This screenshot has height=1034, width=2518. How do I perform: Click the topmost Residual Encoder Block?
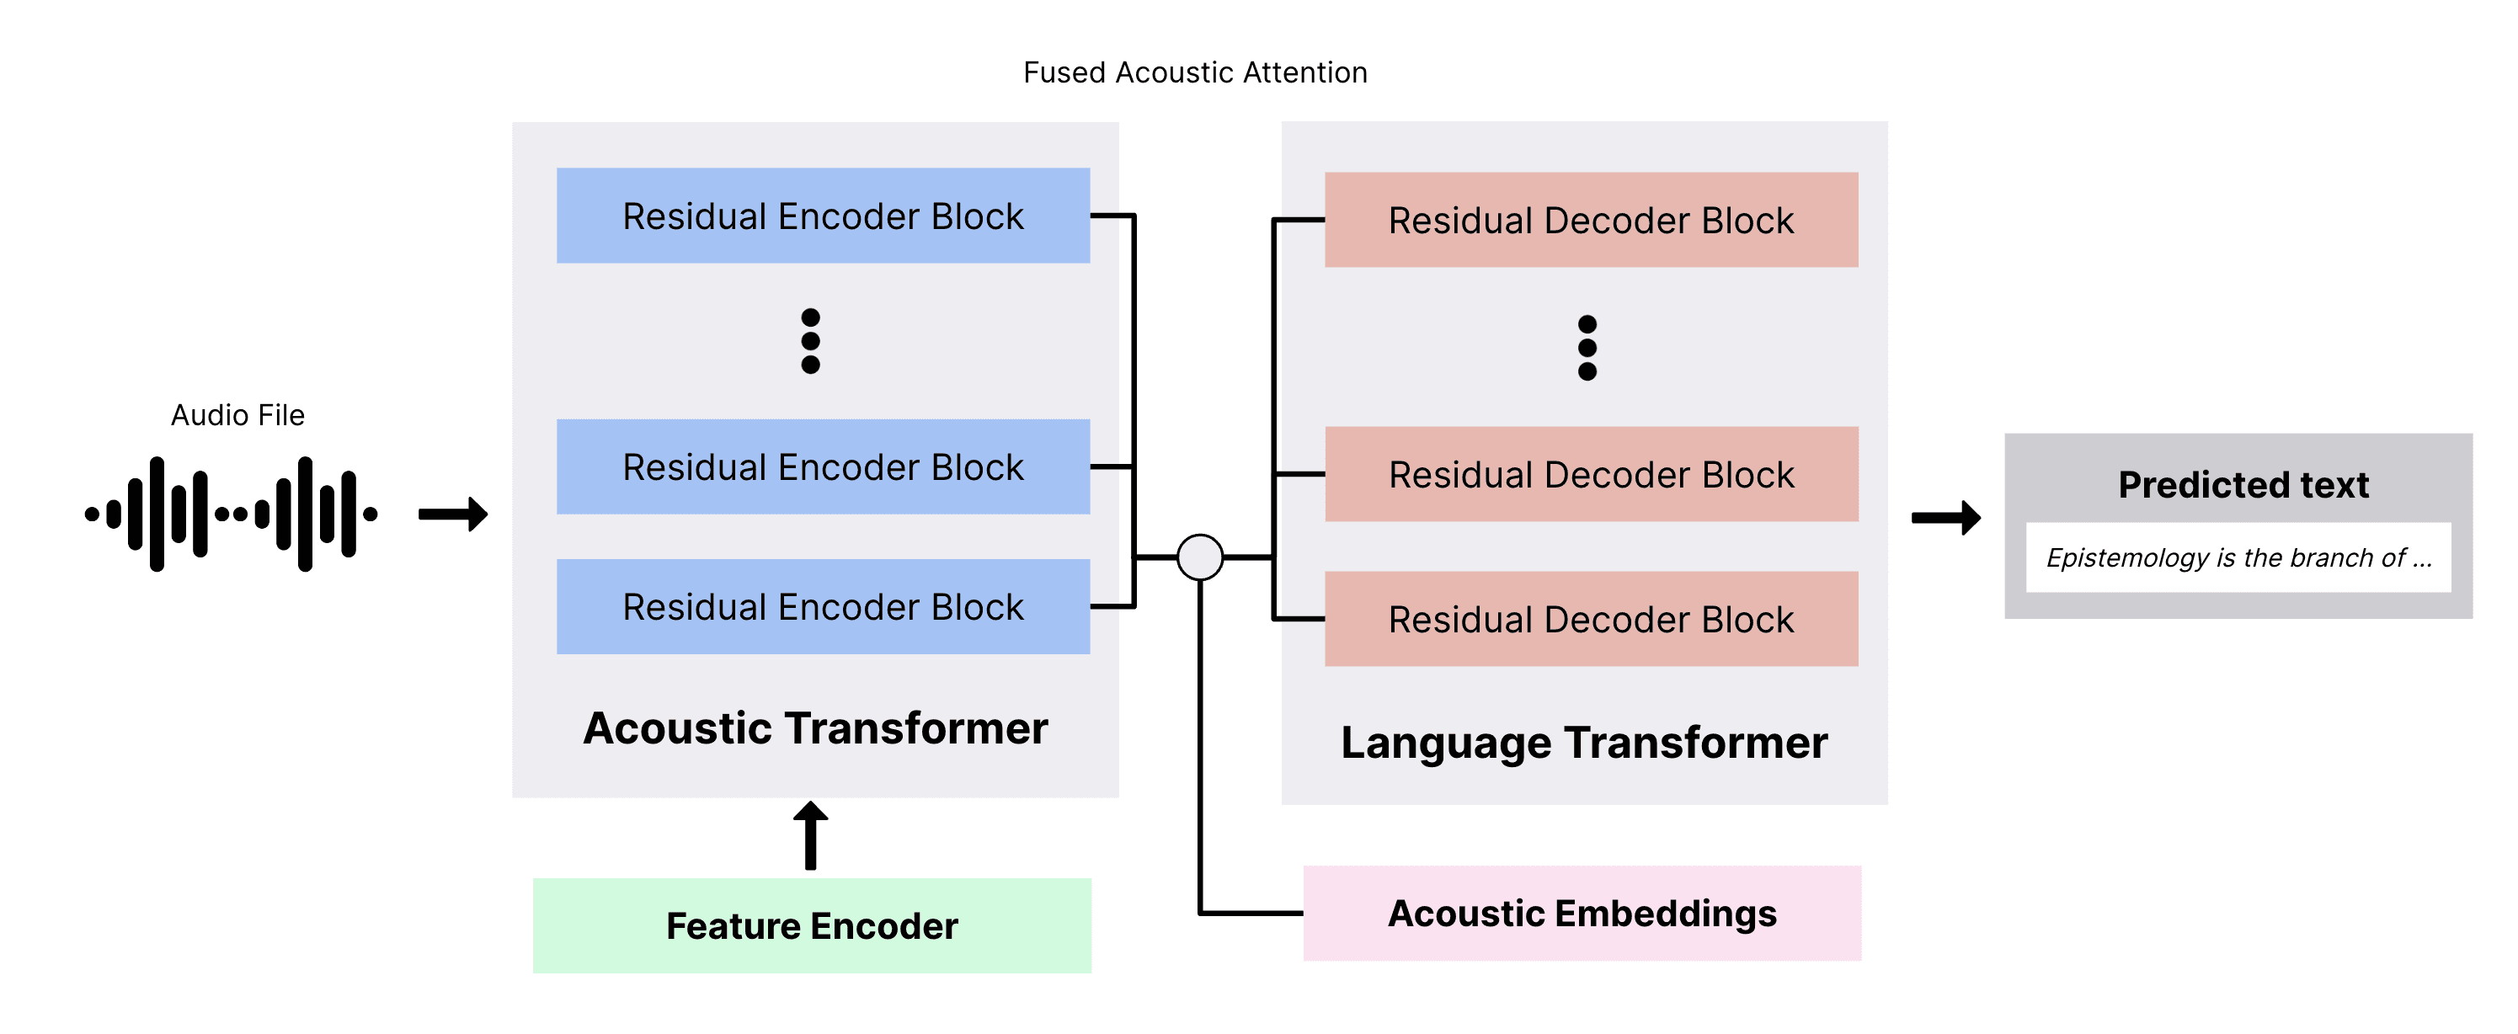click(823, 215)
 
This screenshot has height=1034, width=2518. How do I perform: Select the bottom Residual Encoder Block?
click(823, 606)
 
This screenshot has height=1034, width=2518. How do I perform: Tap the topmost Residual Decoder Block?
click(1592, 220)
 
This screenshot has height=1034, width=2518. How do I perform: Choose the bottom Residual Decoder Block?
click(1592, 619)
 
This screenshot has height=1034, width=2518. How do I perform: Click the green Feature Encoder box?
click(811, 925)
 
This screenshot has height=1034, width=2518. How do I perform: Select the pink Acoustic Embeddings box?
click(1582, 913)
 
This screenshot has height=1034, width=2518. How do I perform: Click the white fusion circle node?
click(1200, 557)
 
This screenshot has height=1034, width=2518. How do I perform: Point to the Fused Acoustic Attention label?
click(1194, 72)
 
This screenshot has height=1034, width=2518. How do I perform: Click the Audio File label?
click(237, 415)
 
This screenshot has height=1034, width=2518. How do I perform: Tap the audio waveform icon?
click(232, 513)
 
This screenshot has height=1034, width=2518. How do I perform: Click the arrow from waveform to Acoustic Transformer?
click(452, 513)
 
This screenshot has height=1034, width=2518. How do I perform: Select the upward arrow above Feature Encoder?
click(810, 835)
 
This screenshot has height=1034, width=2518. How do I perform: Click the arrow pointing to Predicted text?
click(1946, 517)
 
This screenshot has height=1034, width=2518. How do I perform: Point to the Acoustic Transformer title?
click(815, 728)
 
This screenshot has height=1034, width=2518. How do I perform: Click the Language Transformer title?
click(1583, 743)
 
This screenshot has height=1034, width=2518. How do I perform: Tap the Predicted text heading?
click(2243, 485)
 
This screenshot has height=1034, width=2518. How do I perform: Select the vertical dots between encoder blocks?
click(810, 341)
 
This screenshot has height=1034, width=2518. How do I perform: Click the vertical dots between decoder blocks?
click(1587, 348)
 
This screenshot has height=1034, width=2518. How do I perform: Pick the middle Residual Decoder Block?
click(1592, 474)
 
